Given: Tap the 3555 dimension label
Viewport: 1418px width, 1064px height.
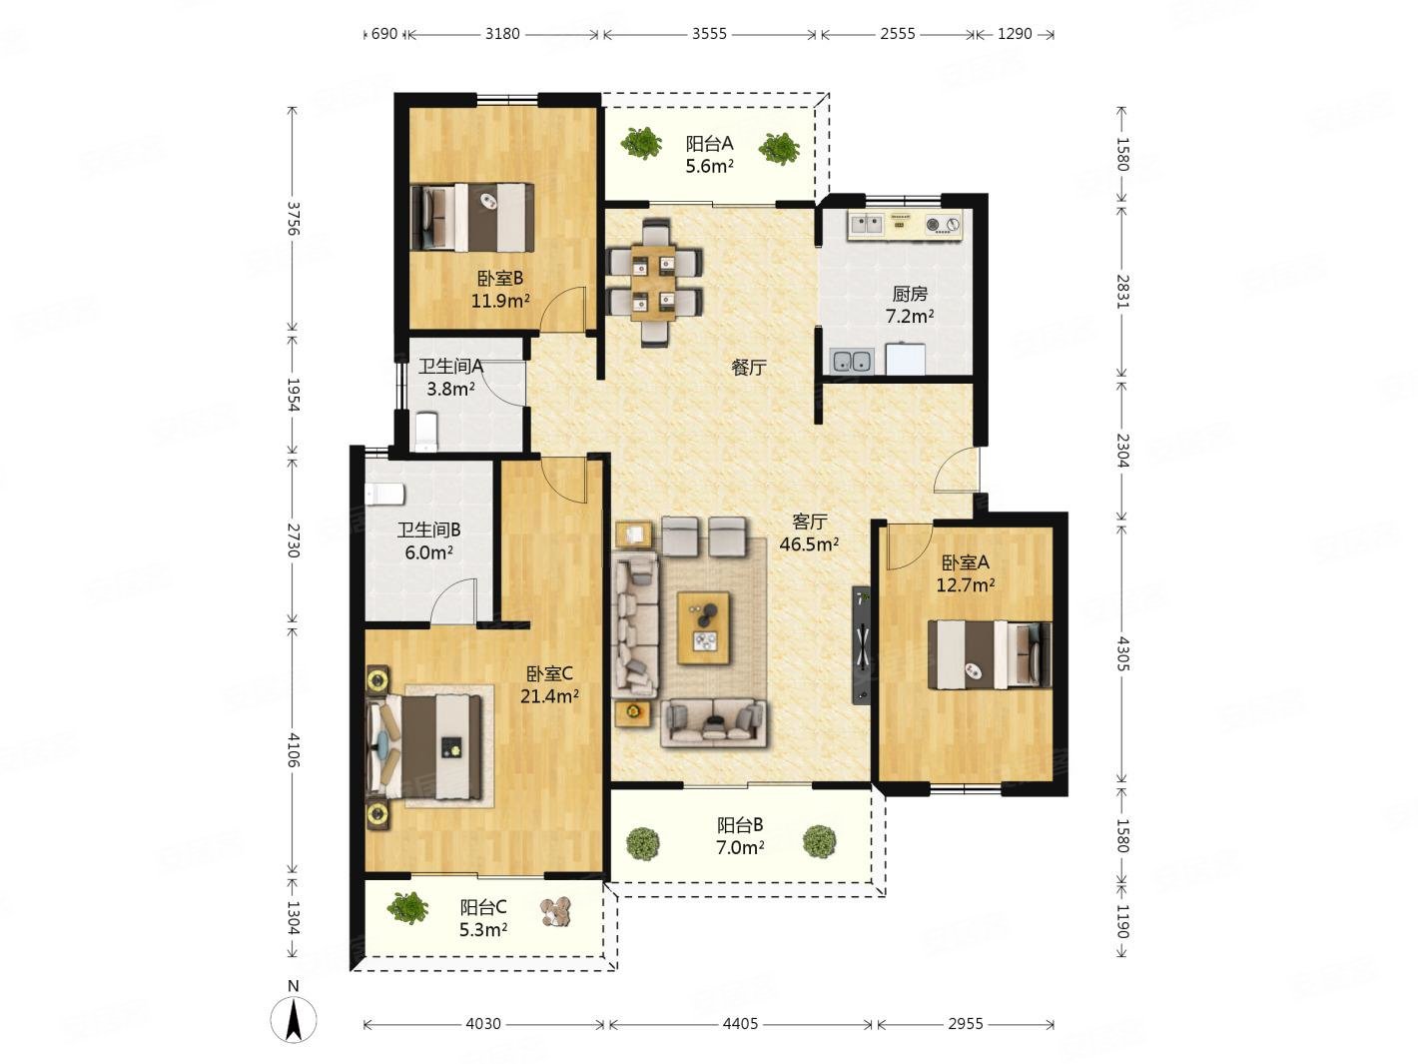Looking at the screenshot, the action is point(709,34).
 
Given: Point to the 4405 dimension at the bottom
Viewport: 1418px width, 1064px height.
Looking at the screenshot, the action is point(740,1023).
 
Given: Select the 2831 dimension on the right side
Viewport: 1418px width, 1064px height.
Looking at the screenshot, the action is point(1123,292).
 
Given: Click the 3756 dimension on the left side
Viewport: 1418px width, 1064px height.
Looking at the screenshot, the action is point(293,219).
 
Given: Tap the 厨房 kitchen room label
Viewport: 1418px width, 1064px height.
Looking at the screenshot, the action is point(910,294).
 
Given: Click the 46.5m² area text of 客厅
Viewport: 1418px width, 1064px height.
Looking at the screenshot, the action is point(809,543).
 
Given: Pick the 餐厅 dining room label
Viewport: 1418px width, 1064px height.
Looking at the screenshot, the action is point(749,368).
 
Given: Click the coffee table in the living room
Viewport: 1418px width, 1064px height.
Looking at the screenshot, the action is point(704,628).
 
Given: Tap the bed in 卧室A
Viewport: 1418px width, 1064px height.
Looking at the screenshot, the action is point(989,654).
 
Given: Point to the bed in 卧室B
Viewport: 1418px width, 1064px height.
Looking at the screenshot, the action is point(473,217).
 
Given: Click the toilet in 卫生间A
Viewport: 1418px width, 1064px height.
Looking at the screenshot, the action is point(426,431).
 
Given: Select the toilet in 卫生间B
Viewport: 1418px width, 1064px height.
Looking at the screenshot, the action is point(384,494).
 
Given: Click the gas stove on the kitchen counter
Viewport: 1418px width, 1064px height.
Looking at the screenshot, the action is point(943,224).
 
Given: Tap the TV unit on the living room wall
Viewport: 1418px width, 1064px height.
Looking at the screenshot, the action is point(861,644).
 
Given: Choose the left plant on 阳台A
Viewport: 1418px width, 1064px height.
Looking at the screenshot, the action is point(641,143).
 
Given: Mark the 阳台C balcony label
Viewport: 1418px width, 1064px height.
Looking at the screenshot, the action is point(483,907).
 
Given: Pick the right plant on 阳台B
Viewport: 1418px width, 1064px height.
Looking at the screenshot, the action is point(819,842).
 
